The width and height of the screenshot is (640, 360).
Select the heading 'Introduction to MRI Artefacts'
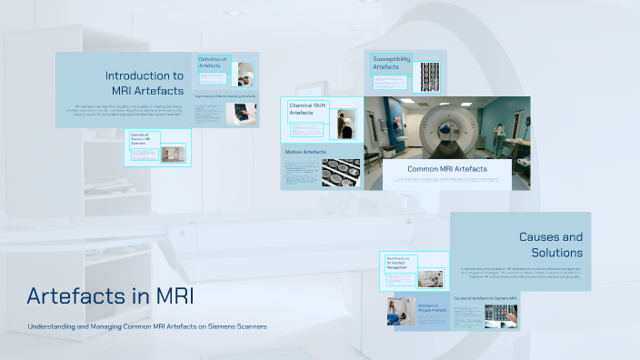pyautogui.click(x=146, y=83)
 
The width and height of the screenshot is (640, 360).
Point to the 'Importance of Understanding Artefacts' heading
pyautogui.click(x=226, y=95)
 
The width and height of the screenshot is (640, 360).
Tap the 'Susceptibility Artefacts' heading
pyautogui.click(x=392, y=63)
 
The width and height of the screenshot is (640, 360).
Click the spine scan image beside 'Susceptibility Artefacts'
pyautogui.click(x=429, y=72)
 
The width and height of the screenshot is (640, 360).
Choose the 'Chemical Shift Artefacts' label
pyautogui.click(x=306, y=110)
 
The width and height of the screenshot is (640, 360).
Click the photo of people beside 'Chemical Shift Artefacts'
pyautogui.click(x=346, y=124)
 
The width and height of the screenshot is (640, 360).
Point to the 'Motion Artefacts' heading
pyautogui.click(x=305, y=152)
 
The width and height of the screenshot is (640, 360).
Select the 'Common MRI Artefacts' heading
pyautogui.click(x=446, y=168)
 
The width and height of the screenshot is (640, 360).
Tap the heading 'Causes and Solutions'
pyautogui.click(x=550, y=245)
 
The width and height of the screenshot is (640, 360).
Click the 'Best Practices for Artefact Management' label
pyautogui.click(x=401, y=263)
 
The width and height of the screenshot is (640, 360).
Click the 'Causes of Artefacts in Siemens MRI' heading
pyautogui.click(x=485, y=298)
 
